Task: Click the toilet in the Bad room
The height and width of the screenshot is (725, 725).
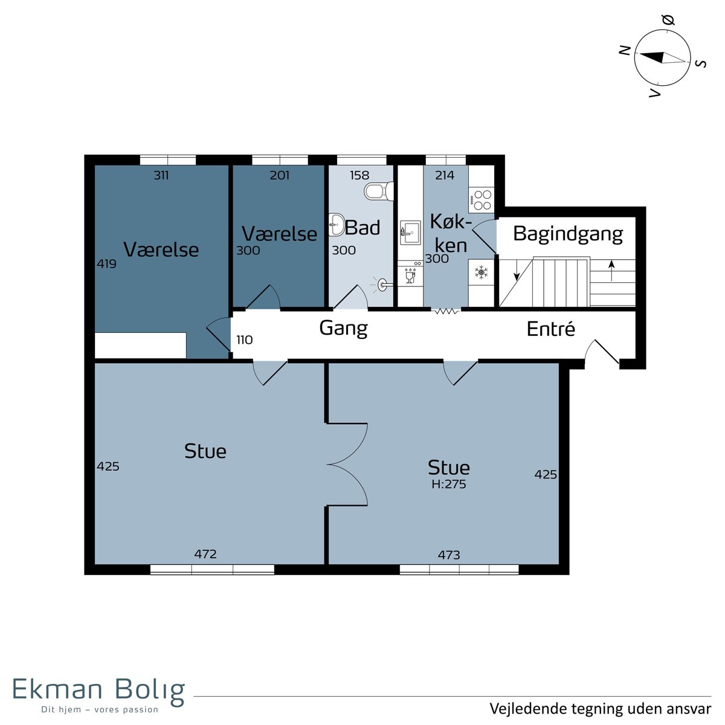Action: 378,191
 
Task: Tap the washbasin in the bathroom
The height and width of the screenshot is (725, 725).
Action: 337,225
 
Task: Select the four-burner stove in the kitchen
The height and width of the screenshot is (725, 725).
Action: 482,200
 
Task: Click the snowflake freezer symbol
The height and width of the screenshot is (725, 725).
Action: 481,272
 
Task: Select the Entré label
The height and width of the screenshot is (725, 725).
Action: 551,329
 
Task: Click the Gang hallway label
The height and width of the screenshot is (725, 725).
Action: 343,329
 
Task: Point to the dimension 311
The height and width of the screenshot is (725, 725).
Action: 161,175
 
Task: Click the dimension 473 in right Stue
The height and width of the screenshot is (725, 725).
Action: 449,555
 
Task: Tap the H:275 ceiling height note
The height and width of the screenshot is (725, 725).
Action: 449,484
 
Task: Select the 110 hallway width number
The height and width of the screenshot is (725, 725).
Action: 245,340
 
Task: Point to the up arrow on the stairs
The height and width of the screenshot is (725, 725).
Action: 612,271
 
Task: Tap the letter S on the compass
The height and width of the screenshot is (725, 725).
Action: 701,64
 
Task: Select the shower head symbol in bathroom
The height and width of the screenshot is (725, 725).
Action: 383,285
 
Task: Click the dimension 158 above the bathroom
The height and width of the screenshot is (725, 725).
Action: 359,175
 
